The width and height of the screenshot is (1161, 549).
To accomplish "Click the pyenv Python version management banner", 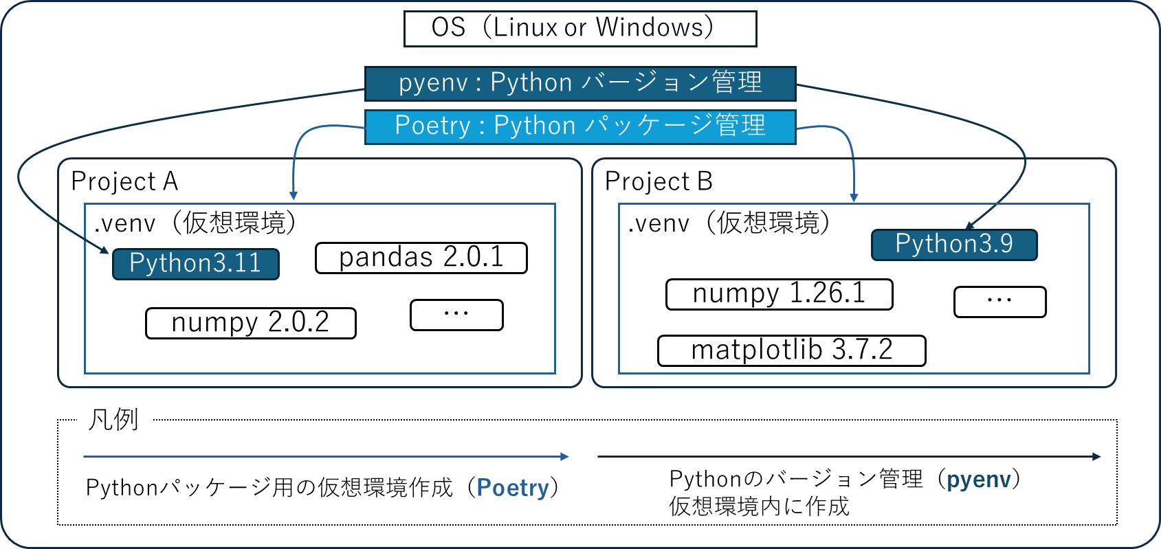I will tap(580, 84).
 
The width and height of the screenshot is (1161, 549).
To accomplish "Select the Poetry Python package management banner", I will tap(580, 126).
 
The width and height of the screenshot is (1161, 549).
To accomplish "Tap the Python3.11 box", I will tap(196, 264).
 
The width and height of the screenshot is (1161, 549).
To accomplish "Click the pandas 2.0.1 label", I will tap(421, 258).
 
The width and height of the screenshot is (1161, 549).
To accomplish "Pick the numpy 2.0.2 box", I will tap(250, 323).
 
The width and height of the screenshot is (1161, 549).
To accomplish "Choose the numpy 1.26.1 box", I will tap(779, 294).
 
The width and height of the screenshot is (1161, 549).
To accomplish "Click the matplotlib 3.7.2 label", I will tap(791, 350).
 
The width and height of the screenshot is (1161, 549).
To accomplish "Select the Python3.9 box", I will tap(954, 245).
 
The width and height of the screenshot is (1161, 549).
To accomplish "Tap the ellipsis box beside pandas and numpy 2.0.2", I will tap(456, 315).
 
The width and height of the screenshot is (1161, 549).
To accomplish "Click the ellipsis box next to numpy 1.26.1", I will tap(999, 302).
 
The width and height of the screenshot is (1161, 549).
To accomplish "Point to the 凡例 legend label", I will tap(114, 421).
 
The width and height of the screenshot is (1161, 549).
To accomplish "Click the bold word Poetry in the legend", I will tap(513, 488).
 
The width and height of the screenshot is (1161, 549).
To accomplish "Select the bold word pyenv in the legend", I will tap(979, 480).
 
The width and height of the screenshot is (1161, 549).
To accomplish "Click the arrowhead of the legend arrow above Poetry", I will tap(565, 456).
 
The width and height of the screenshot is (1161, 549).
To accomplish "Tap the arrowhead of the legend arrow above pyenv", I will tap(1097, 456).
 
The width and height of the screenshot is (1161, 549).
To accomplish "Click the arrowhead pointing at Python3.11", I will tap(104, 250).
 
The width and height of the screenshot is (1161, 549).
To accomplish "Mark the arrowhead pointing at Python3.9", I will tap(970, 225).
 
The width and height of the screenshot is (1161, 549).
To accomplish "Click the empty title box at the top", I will tap(580, 29).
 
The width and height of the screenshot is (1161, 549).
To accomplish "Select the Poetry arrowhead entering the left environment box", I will tap(294, 197).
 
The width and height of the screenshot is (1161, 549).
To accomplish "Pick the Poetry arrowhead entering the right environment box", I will tap(854, 198).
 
